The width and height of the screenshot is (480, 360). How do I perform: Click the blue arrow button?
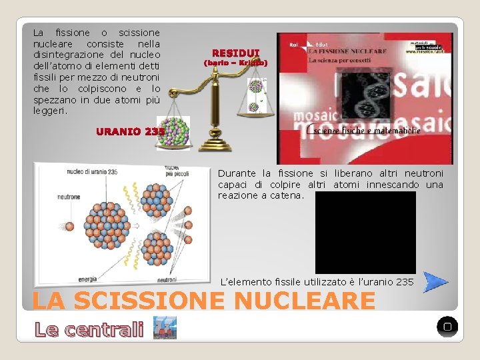(x=436, y=282)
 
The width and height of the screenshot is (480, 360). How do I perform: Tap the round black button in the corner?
(x=447, y=327)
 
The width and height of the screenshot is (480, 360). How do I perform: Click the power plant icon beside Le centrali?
(x=160, y=328)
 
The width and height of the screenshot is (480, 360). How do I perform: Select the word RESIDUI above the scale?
(x=235, y=53)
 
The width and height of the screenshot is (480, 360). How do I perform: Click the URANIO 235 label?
(x=130, y=131)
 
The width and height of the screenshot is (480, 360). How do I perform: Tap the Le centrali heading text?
(x=89, y=329)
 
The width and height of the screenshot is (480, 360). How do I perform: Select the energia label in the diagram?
(x=88, y=279)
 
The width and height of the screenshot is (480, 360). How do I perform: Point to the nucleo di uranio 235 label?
(x=91, y=171)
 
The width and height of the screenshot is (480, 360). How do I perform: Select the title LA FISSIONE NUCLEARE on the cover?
(x=347, y=51)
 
